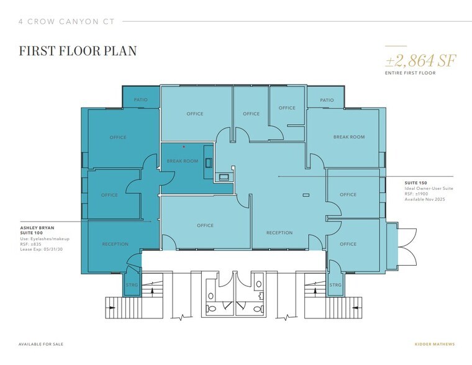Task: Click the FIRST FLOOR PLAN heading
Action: tap(78, 51)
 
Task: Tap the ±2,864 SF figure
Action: tap(421, 60)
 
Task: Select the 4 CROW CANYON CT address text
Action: tap(67, 22)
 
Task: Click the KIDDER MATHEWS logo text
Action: tap(435, 345)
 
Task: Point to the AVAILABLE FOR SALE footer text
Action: tap(41, 345)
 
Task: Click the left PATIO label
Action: tap(140, 99)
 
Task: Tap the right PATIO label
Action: tap(327, 100)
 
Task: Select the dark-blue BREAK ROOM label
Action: tap(183, 161)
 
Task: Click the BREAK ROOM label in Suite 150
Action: tap(349, 137)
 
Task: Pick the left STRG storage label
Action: tap(132, 285)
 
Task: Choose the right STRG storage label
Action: tap(335, 285)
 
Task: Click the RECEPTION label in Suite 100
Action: tap(116, 244)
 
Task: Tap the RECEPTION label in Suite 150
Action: tap(279, 233)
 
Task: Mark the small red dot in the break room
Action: tap(184, 147)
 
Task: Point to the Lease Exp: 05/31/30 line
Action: tap(42, 250)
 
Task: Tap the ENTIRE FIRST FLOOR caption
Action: tap(411, 73)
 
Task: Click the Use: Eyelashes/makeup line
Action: tap(45, 239)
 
